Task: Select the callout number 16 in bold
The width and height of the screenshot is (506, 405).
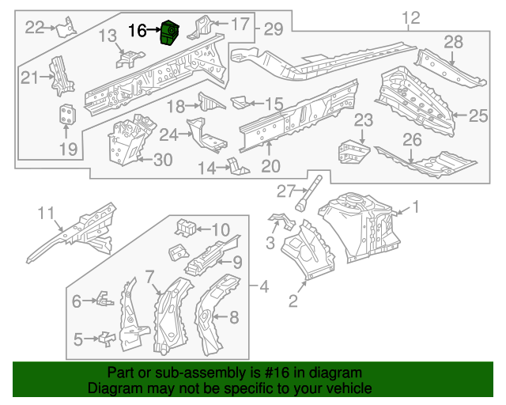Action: coord(137,31)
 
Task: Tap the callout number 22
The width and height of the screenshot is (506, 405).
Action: coord(34,27)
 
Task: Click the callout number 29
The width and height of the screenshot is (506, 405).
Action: coord(273,29)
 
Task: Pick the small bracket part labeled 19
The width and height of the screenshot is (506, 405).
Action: coord(67,115)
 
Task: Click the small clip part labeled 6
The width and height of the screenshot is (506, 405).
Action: coord(102,299)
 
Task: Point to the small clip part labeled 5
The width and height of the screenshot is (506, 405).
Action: coord(104,339)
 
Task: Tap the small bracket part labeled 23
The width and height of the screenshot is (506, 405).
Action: coord(352,152)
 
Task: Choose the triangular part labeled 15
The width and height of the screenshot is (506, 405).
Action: coord(242,102)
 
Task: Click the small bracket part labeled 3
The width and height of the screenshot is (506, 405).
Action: coord(278,218)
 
